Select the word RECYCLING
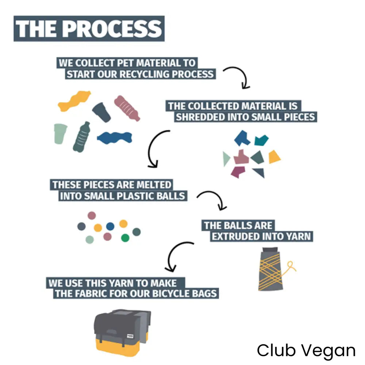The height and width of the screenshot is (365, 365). coord(145,74)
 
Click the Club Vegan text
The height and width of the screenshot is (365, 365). coord(306,351)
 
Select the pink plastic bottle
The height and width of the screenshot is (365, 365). coord(127,108)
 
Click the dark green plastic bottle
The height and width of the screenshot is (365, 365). coord(81,137)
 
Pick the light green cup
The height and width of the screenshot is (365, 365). coord(61,133)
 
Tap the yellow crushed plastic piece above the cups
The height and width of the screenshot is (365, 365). coord(74,101)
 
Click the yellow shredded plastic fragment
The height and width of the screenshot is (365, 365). coord(274,157)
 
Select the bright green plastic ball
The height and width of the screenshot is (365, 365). coord(125,238)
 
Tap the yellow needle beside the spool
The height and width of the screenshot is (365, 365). coord(291,267)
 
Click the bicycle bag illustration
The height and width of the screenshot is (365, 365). coord(122,330)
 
